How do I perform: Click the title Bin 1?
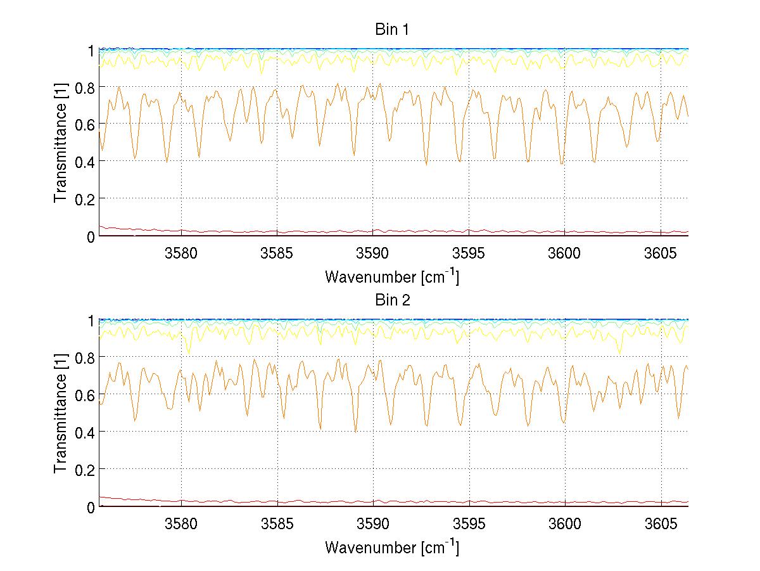tap(393, 29)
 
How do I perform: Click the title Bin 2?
tap(393, 300)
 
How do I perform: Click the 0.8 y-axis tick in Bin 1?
tap(84, 87)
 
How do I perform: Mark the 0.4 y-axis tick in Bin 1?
tap(84, 162)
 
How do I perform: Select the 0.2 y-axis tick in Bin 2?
tap(84, 470)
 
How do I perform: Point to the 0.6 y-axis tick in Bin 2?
tap(84, 395)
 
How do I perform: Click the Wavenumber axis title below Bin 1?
tap(392, 276)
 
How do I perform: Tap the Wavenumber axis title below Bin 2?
tap(392, 547)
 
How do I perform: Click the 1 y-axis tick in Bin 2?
tap(91, 321)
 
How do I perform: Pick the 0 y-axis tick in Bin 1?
tap(91, 236)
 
